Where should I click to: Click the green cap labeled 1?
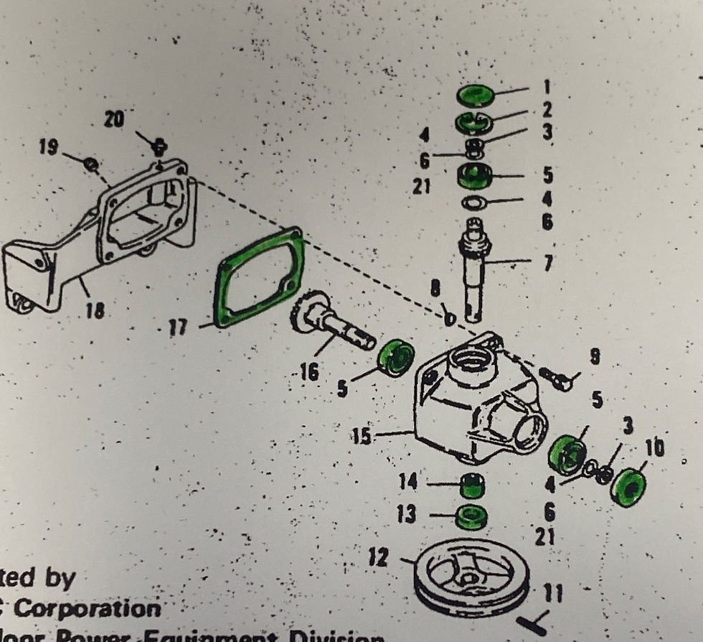pos(476,95)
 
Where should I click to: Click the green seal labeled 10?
pos(628,488)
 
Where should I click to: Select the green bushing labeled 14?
pos(471,486)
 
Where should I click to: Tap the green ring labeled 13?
pos(471,517)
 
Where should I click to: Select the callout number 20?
pos(113,118)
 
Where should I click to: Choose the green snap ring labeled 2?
pos(473,123)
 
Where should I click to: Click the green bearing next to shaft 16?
pos(396,357)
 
